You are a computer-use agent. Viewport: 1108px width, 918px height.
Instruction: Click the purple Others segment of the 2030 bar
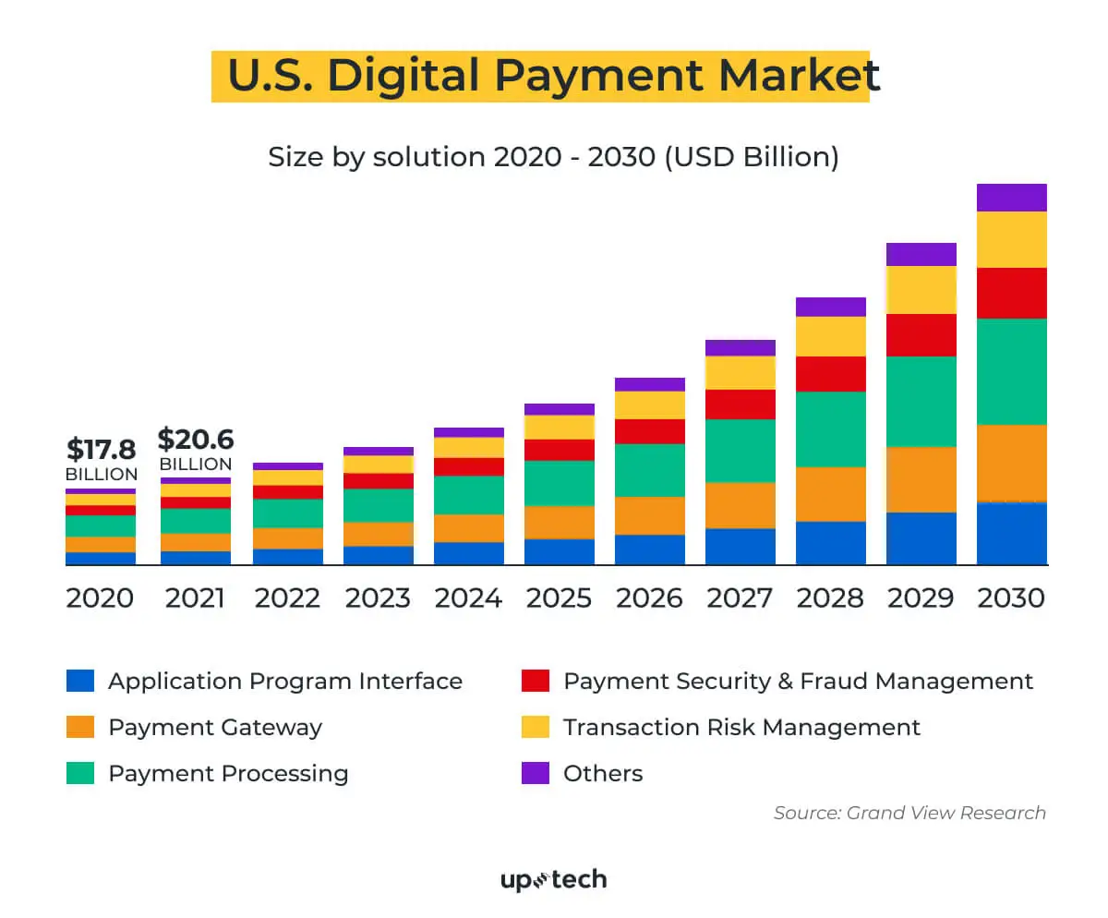[x=1011, y=198]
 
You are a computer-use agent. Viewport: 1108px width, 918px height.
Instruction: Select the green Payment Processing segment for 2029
[x=921, y=402]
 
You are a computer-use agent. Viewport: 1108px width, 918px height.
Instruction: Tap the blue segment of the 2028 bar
[x=830, y=543]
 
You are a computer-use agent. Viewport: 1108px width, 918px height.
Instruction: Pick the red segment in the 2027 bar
[x=740, y=405]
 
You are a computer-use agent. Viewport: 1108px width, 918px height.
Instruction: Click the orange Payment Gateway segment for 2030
[x=1011, y=464]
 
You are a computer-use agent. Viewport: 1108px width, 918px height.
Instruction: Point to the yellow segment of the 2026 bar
[x=649, y=405]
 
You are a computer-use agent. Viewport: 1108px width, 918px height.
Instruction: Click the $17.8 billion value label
[x=102, y=450]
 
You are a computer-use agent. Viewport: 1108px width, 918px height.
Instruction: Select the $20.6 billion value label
[x=196, y=439]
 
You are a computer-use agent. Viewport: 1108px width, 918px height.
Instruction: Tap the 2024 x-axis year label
[x=468, y=598]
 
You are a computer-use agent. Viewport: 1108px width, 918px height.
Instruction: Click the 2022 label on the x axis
[x=287, y=598]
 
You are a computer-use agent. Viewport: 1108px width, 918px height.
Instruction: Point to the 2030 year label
[x=1011, y=598]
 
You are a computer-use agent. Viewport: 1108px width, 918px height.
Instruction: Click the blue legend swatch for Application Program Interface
[x=80, y=682]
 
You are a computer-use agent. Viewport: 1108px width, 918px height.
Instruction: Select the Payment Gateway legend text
[x=215, y=728]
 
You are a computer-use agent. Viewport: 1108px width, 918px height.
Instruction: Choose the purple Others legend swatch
[x=536, y=773]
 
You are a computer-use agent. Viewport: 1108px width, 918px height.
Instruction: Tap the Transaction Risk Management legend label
[x=741, y=728]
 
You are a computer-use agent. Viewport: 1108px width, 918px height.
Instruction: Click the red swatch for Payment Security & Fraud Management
[x=536, y=682]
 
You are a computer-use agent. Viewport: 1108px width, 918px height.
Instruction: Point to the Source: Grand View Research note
[x=909, y=814]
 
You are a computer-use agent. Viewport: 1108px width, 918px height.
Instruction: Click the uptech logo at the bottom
[x=553, y=879]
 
